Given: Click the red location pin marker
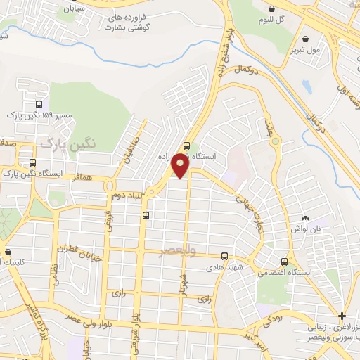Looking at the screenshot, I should click(x=181, y=165).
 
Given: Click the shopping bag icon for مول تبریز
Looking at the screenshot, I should click(x=305, y=39).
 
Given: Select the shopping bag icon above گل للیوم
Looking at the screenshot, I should click(x=271, y=8).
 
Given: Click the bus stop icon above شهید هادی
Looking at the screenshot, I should click(x=224, y=257).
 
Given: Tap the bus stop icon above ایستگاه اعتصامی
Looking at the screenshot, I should click(x=284, y=260).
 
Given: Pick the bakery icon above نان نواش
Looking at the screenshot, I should click(x=306, y=219).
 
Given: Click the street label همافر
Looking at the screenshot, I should click(x=82, y=179).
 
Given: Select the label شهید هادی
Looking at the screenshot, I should click(x=224, y=269).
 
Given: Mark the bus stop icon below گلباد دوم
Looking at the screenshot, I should click(x=146, y=215).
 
